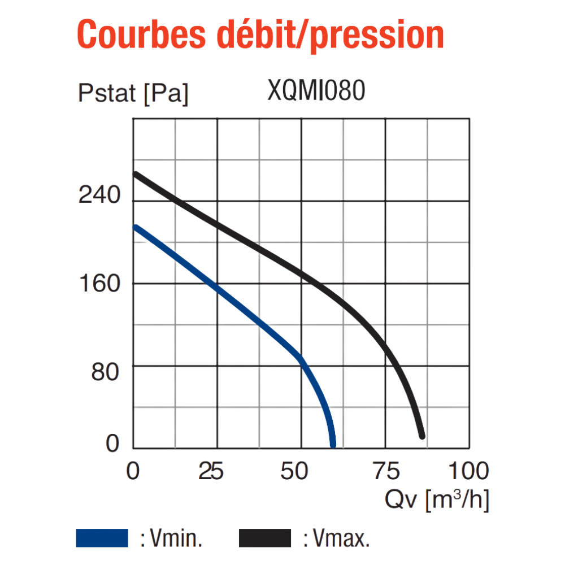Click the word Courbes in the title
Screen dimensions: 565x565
[141, 34]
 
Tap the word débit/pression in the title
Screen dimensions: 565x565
[330, 35]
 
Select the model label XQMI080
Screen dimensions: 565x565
[316, 90]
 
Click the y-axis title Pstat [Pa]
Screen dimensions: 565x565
[133, 94]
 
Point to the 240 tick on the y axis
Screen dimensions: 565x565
[99, 194]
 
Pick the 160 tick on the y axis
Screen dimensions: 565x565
[99, 283]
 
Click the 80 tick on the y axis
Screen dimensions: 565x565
[105, 372]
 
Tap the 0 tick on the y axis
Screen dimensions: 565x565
[112, 443]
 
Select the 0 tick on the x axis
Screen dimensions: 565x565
[133, 471]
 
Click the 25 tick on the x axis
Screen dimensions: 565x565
[211, 471]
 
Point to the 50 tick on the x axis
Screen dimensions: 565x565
[294, 471]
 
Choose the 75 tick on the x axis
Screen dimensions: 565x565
[386, 471]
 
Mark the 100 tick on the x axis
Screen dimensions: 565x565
[468, 471]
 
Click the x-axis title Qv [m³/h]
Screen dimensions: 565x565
[437, 500]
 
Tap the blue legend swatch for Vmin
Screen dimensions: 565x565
[102, 538]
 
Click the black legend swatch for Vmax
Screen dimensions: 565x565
[265, 538]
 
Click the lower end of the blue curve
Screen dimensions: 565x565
[333, 445]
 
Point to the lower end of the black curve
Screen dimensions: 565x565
[422, 436]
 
